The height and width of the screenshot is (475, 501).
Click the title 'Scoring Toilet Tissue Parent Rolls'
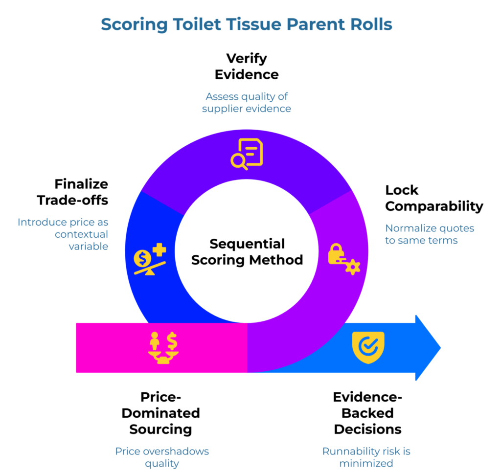[247, 24]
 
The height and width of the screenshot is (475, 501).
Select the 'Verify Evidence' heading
[247, 66]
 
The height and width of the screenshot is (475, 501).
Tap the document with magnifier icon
[247, 154]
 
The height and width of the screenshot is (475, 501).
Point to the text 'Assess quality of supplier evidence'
[247, 102]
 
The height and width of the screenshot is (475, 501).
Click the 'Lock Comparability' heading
[433, 198]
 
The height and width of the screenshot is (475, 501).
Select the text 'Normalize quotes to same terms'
[429, 234]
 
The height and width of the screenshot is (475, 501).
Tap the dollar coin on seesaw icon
[149, 259]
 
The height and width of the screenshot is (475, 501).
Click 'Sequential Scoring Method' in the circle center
[247, 251]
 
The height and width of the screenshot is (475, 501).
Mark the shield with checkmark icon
[368, 347]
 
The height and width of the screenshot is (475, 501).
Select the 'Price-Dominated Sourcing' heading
[160, 413]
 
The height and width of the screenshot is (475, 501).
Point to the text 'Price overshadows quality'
[161, 456]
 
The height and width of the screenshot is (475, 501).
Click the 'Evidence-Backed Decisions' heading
[367, 413]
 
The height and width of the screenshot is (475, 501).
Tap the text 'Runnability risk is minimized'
[366, 456]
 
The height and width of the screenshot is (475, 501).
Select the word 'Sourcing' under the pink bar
[160, 429]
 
